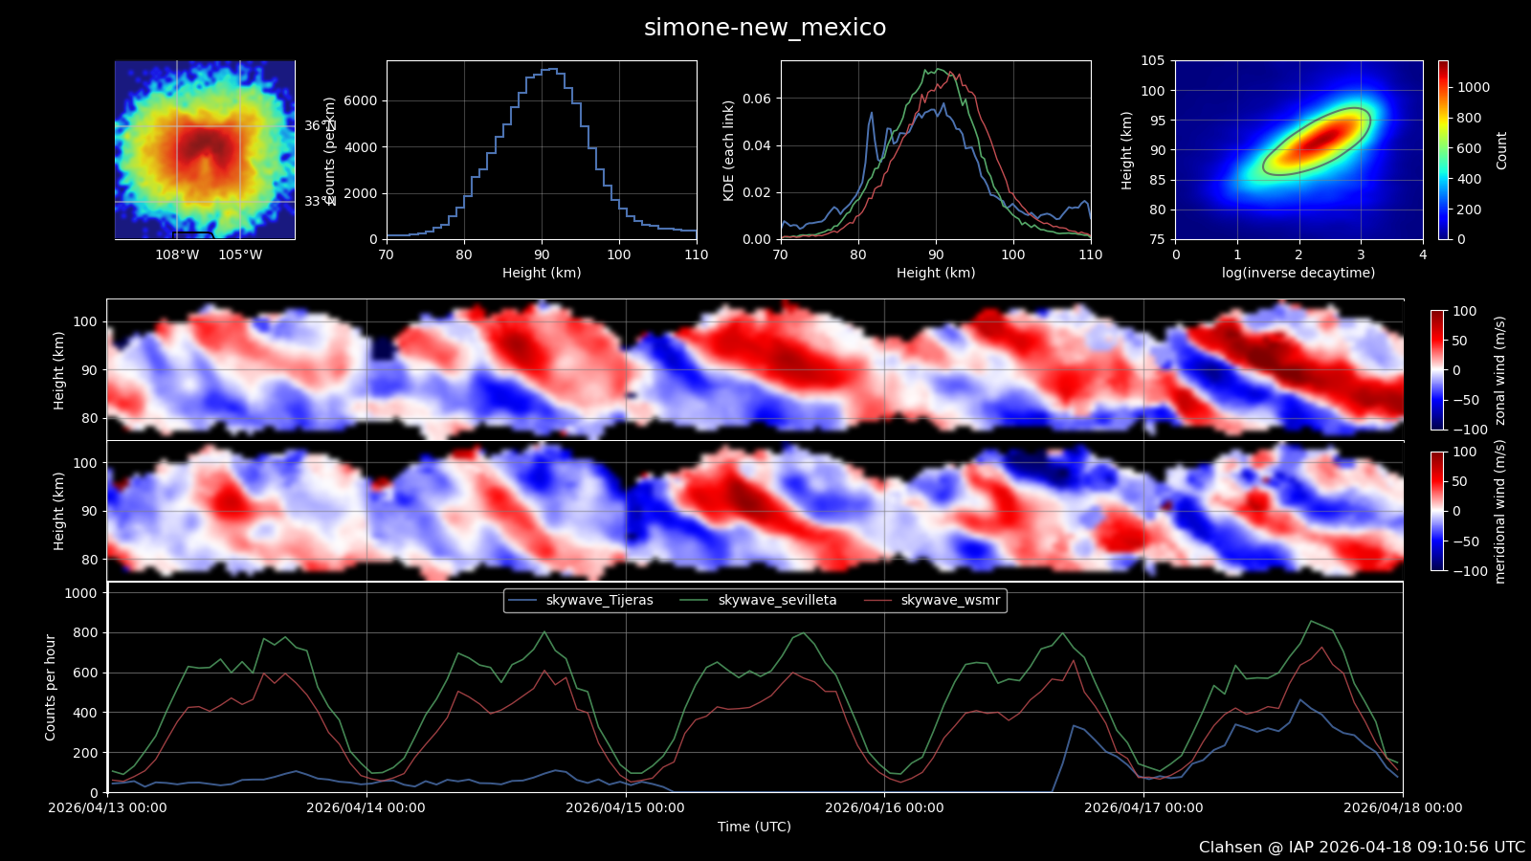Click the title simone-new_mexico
pyautogui.click(x=765, y=28)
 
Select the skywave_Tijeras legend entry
pyautogui.click(x=599, y=601)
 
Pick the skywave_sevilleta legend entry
pyautogui.click(x=777, y=601)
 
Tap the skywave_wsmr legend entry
pyautogui.click(x=950, y=601)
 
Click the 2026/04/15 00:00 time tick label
pyautogui.click(x=625, y=807)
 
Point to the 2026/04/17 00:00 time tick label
pyautogui.click(x=1143, y=807)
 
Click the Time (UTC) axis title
pyautogui.click(x=754, y=827)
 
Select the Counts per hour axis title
pyautogui.click(x=51, y=687)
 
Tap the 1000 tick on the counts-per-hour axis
pyautogui.click(x=80, y=593)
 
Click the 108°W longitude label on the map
pyautogui.click(x=177, y=254)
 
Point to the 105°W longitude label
pyautogui.click(x=240, y=254)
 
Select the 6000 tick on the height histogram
pyautogui.click(x=360, y=100)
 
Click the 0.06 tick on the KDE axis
pyautogui.click(x=756, y=99)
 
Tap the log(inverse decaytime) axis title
pyautogui.click(x=1298, y=273)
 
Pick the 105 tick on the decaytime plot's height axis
pyautogui.click(x=1152, y=60)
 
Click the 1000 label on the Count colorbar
pyautogui.click(x=1474, y=87)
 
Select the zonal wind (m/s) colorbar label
pyautogui.click(x=1500, y=370)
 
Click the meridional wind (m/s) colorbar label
pyautogui.click(x=1500, y=512)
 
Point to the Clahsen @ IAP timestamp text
pyautogui.click(x=1362, y=848)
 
